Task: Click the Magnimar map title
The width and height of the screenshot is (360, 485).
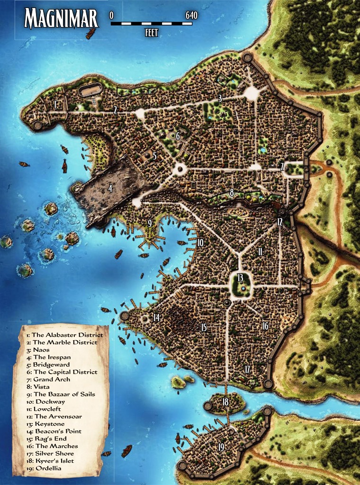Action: (x=61, y=19)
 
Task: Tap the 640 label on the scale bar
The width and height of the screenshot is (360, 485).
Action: (x=191, y=15)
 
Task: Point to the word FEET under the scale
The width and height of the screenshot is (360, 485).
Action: (x=151, y=33)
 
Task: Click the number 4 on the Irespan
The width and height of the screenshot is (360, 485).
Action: (x=110, y=188)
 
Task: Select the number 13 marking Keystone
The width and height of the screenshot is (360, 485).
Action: (x=240, y=278)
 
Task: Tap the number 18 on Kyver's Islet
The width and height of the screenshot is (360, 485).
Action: (x=225, y=402)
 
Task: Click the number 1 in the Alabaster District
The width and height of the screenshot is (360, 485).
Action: (x=55, y=105)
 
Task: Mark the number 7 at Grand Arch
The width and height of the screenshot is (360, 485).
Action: (x=282, y=166)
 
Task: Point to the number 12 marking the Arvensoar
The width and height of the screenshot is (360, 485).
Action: (x=280, y=222)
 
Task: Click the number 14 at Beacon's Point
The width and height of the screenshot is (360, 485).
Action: (x=156, y=317)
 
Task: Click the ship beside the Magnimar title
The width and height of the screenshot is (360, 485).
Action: (x=90, y=33)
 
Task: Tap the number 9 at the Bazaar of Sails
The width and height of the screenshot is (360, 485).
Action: (x=150, y=223)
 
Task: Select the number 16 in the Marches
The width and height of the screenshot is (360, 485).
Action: (x=265, y=325)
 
